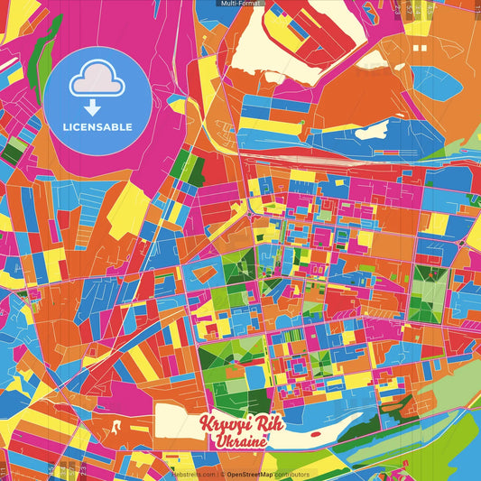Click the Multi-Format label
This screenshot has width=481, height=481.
coord(241,4)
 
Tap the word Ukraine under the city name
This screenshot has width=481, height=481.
coord(241,442)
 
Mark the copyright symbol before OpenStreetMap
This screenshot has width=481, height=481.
coord(222,474)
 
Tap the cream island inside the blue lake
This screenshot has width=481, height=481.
coord(371,131)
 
